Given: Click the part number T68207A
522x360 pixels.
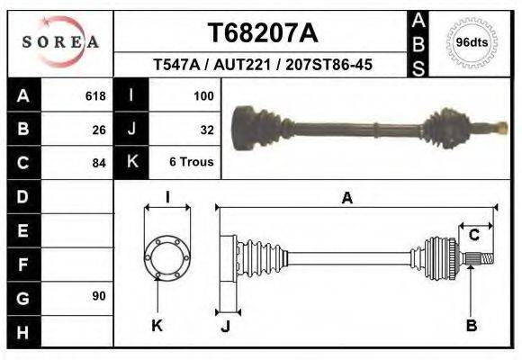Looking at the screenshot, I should point(263,33).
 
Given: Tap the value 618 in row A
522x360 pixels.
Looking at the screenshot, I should point(94,95).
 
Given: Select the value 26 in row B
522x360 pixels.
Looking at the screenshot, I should point(99,129).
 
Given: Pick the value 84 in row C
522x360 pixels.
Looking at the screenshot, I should point(99,163).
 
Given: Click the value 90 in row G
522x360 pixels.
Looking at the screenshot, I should point(99,296).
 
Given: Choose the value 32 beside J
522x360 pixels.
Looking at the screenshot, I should point(206,129).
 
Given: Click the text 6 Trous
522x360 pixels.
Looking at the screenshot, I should point(191,162).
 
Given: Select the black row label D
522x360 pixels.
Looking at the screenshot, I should point(23,196).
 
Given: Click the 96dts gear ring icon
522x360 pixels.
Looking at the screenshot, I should point(472,42).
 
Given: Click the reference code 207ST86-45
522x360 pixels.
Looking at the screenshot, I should point(329,66).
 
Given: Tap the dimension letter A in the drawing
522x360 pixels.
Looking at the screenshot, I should point(346,199).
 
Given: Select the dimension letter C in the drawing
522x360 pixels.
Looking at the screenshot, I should point(473,235).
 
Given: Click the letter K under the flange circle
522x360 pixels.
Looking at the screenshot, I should point(157,326).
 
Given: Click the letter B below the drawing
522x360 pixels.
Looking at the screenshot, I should point(471,326).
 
